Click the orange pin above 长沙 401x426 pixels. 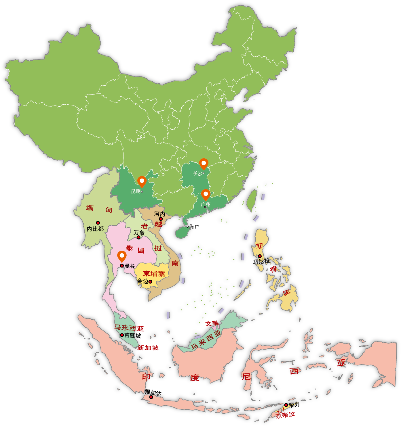(204, 164)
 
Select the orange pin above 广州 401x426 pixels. (206, 194)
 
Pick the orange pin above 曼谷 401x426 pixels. (122, 256)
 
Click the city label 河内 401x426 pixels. (159, 214)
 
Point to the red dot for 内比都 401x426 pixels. (98, 223)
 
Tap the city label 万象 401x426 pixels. (139, 233)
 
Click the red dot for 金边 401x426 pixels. (150, 282)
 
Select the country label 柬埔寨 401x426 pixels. (154, 274)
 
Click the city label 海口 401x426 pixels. (195, 227)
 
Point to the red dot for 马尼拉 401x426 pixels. (259, 256)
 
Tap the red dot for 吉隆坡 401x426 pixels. (122, 335)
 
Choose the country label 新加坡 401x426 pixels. (148, 348)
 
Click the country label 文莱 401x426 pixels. (212, 323)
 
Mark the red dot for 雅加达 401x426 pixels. (151, 397)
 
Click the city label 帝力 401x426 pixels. (294, 405)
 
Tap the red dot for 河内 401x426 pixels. (161, 219)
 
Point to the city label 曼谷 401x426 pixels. (130, 266)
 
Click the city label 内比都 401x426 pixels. (95, 229)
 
